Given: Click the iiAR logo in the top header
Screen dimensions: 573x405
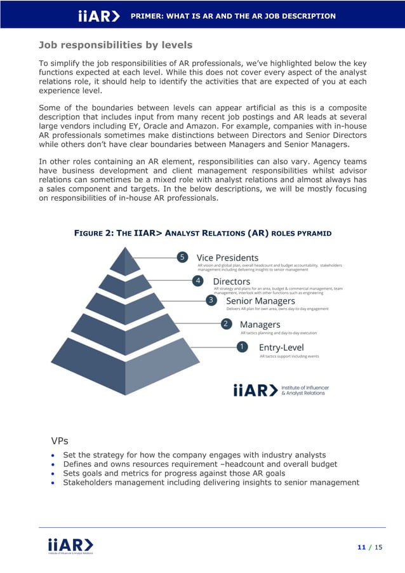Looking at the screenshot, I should coord(98,16).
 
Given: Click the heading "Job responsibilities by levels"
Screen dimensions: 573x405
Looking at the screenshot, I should coord(116,45).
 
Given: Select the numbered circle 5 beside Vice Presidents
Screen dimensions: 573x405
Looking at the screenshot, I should coord(182,257).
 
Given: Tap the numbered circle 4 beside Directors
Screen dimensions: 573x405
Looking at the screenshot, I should coord(198,281).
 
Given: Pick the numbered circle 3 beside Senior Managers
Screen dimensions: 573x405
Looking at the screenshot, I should coord(211,300).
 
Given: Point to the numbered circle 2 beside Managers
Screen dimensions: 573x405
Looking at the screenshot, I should coord(225,324).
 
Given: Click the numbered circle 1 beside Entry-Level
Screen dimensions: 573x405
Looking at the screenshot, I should coord(241,347).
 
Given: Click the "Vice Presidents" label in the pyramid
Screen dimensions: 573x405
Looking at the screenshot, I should coord(227,257).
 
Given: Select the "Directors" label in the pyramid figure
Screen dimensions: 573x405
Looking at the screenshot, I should coord(231,281).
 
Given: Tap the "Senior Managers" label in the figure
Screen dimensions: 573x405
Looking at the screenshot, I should coord(260,300).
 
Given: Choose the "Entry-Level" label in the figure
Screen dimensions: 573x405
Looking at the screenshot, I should coord(281,347).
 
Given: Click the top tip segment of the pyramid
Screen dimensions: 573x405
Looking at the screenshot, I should coord(125,261).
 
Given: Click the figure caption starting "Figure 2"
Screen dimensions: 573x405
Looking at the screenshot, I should coord(202,233).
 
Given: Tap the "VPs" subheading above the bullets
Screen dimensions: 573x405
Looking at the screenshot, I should coord(60,440).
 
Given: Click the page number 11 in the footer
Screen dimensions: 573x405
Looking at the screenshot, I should coord(361,547).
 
